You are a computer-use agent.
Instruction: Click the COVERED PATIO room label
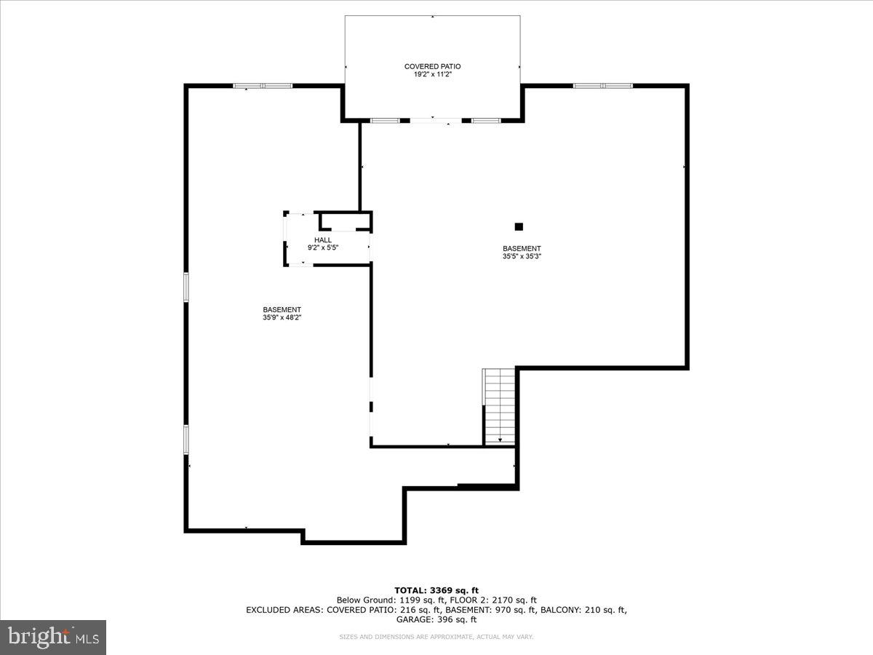click(x=432, y=66)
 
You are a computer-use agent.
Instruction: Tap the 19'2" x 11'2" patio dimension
click(x=432, y=74)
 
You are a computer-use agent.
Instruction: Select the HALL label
click(x=323, y=240)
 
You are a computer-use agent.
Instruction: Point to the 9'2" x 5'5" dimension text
click(x=323, y=247)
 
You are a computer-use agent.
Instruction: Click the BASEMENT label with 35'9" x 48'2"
click(x=282, y=309)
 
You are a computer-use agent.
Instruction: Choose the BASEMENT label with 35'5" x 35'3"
click(x=522, y=248)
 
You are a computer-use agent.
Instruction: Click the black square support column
click(x=519, y=226)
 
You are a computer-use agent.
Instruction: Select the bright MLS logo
click(x=53, y=637)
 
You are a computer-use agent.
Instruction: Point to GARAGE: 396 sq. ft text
click(x=436, y=620)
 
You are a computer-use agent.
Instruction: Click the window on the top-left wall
click(x=263, y=86)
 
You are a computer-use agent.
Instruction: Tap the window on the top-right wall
click(x=603, y=86)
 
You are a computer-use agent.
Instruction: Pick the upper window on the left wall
click(x=186, y=287)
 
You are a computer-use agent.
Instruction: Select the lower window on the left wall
click(x=186, y=440)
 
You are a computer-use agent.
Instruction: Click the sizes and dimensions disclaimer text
click(x=436, y=637)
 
